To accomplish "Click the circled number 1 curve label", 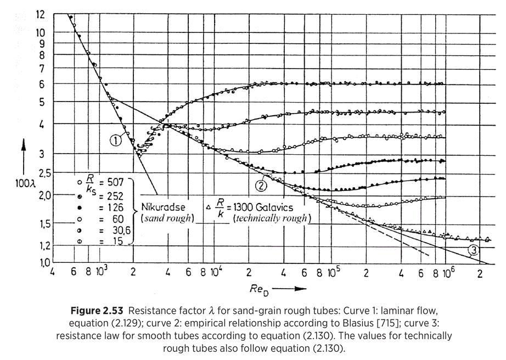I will coord(116,140).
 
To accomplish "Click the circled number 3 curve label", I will coord(474,251).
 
